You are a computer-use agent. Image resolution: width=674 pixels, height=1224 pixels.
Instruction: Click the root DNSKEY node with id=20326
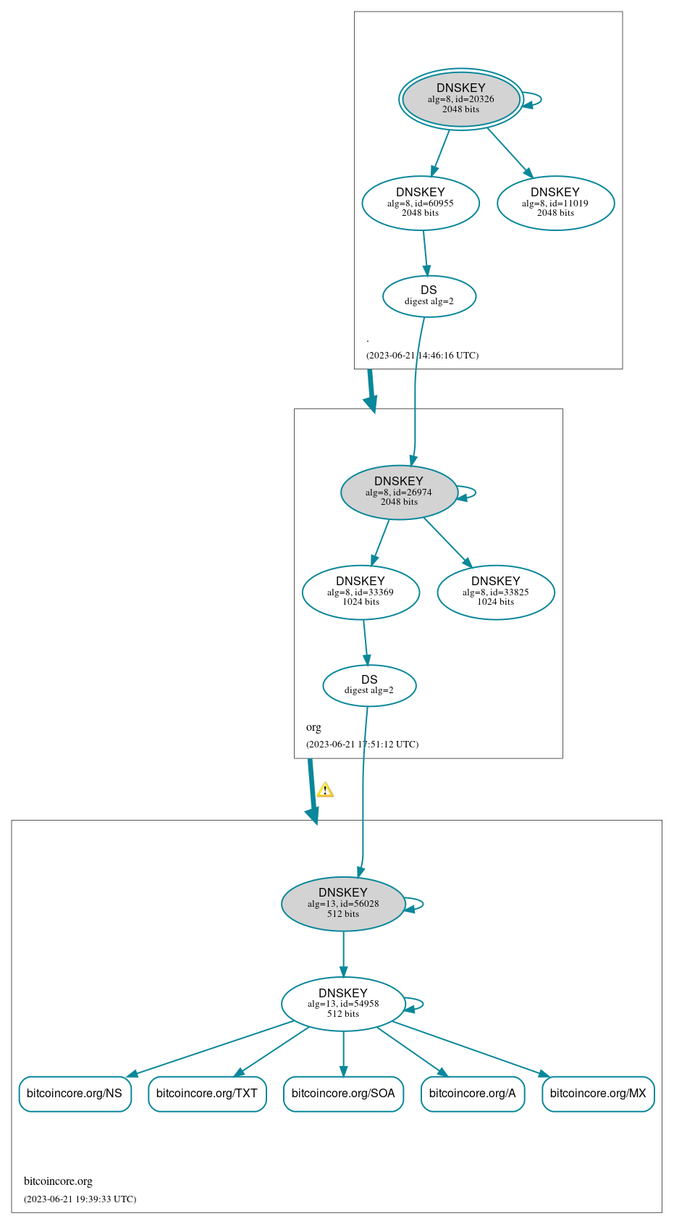pyautogui.click(x=460, y=99)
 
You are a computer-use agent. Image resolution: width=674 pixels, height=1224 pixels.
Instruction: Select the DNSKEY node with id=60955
pyautogui.click(x=421, y=203)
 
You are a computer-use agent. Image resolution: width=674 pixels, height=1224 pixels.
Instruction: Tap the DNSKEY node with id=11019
pyautogui.click(x=555, y=203)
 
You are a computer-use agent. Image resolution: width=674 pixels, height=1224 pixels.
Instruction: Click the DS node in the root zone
pyautogui.click(x=429, y=295)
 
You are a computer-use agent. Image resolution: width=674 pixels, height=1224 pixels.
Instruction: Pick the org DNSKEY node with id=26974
pyautogui.click(x=399, y=492)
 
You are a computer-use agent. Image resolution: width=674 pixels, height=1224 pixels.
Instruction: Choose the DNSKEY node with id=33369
pyautogui.click(x=361, y=592)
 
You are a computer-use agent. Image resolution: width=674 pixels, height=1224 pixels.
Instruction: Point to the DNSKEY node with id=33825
pyautogui.click(x=496, y=592)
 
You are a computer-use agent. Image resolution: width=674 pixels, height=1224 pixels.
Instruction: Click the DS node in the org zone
pyautogui.click(x=369, y=685)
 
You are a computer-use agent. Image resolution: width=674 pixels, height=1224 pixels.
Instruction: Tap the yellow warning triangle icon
pyautogui.click(x=325, y=790)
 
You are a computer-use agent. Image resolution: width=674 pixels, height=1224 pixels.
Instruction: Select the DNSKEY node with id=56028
pyautogui.click(x=343, y=903)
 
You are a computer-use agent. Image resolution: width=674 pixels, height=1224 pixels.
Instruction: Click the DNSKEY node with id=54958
pyautogui.click(x=343, y=1003)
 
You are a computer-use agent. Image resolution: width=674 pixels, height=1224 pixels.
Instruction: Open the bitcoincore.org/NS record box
pyautogui.click(x=75, y=1093)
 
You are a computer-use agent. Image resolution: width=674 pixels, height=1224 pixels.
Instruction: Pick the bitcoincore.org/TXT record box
pyautogui.click(x=207, y=1093)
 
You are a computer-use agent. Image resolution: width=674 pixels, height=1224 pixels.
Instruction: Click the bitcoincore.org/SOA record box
pyautogui.click(x=343, y=1093)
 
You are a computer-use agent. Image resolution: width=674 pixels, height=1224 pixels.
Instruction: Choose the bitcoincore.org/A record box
pyautogui.click(x=472, y=1093)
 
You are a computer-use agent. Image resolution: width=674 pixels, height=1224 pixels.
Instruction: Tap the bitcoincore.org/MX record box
pyautogui.click(x=598, y=1093)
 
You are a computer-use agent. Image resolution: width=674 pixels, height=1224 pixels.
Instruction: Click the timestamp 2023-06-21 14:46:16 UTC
pyautogui.click(x=422, y=356)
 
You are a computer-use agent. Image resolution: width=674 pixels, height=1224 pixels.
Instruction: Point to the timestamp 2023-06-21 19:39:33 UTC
pyautogui.click(x=80, y=1199)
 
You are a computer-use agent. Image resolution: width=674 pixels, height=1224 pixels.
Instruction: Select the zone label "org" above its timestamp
pyautogui.click(x=313, y=727)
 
